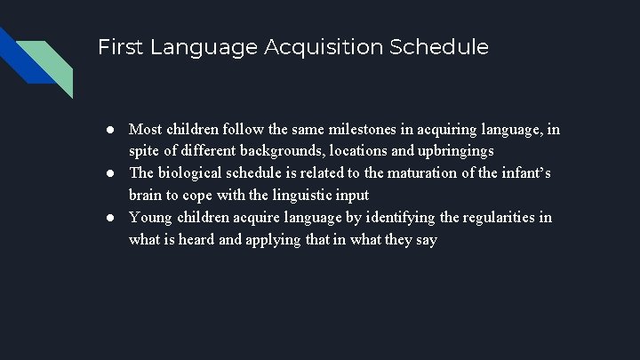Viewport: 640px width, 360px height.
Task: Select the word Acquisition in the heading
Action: click(324, 47)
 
